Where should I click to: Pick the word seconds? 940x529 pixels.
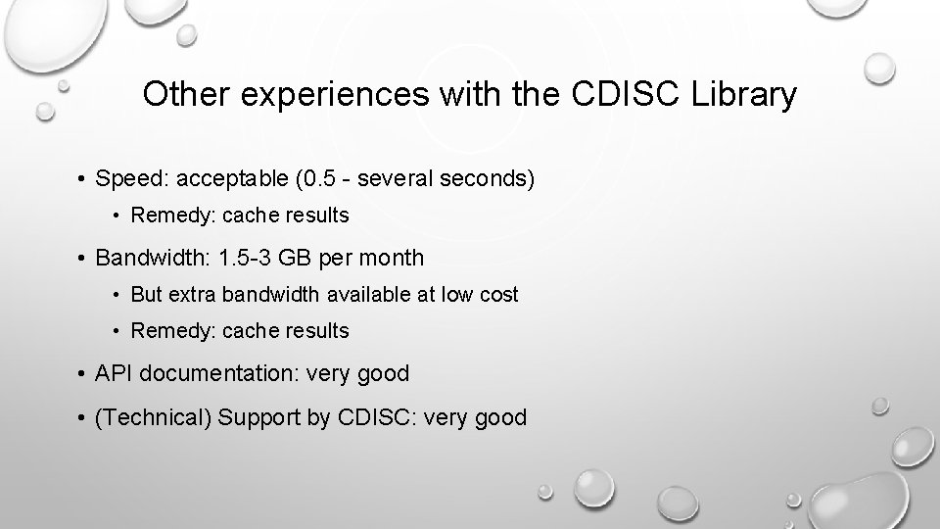[x=480, y=179]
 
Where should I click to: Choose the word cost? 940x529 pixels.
[x=498, y=295]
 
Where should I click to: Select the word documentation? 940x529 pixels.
[x=212, y=373]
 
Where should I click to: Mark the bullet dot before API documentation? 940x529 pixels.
[x=81, y=374]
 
